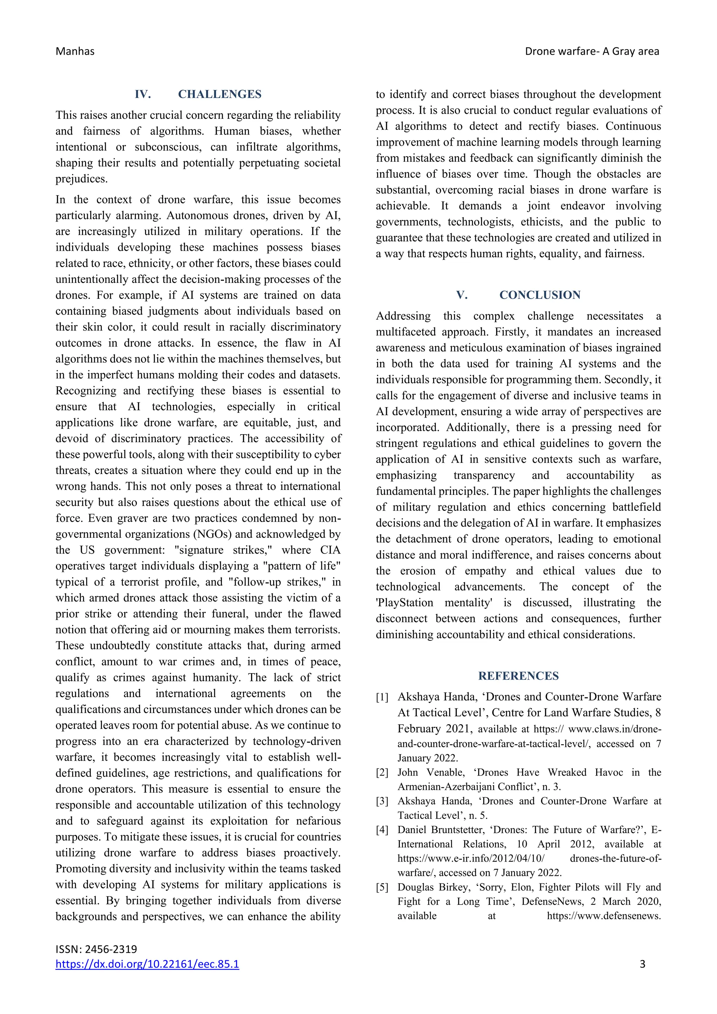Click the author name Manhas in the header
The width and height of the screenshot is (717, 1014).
point(75,52)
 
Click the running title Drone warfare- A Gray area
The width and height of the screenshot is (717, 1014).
point(592,52)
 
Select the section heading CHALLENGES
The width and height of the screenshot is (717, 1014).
point(220,94)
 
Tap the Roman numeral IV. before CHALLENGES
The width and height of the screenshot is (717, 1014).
point(142,94)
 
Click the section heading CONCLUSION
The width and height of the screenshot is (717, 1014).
point(540,295)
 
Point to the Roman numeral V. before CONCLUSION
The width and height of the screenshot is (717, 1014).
point(462,295)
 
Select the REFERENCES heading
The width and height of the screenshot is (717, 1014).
point(518,676)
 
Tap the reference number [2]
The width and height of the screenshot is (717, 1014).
point(382,772)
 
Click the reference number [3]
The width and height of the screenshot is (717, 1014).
point(382,801)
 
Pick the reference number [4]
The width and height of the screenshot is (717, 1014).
point(382,830)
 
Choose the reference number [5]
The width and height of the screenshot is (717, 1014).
point(382,887)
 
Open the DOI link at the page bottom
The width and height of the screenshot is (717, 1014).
point(147,964)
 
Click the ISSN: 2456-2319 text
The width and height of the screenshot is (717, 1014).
point(96,949)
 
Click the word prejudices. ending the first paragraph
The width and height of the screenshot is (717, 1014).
point(82,179)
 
